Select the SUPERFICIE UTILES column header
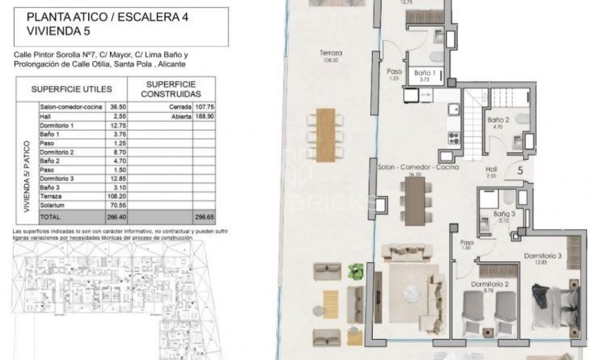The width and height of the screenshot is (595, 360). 71,89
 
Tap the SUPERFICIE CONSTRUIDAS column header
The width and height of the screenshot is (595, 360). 171,89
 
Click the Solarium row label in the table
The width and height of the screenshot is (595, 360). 52,205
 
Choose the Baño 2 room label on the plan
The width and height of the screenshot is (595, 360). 496,119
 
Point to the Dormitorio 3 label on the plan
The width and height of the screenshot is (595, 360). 542,256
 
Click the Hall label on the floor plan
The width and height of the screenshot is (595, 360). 491,169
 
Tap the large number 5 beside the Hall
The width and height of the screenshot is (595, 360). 520,170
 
